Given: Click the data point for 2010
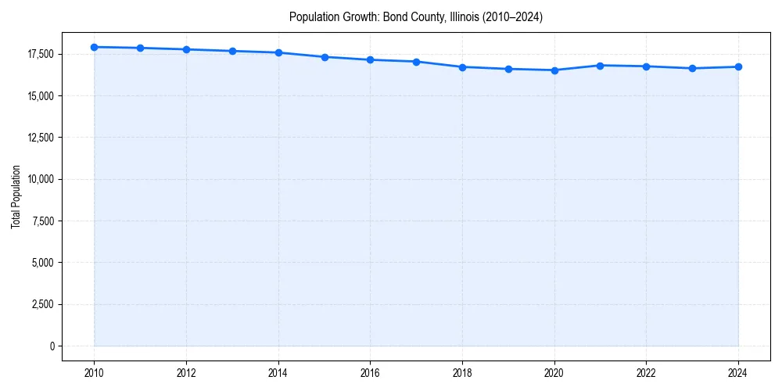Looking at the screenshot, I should point(94,47).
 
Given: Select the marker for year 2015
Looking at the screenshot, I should point(325,57).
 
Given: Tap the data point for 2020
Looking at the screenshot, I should point(554,70).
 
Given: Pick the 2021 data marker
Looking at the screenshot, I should point(600,66).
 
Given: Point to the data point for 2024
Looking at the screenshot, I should point(738,66).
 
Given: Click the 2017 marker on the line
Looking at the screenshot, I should point(416,62).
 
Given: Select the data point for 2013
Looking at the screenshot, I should point(232,51).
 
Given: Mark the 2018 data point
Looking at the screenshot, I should point(462,67).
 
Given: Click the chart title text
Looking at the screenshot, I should point(415,16).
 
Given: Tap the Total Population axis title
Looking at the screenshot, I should point(16,196).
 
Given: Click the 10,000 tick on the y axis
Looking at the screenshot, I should point(41,179).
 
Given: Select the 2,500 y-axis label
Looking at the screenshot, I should point(43,304).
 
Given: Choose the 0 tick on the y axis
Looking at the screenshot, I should point(52,346).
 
